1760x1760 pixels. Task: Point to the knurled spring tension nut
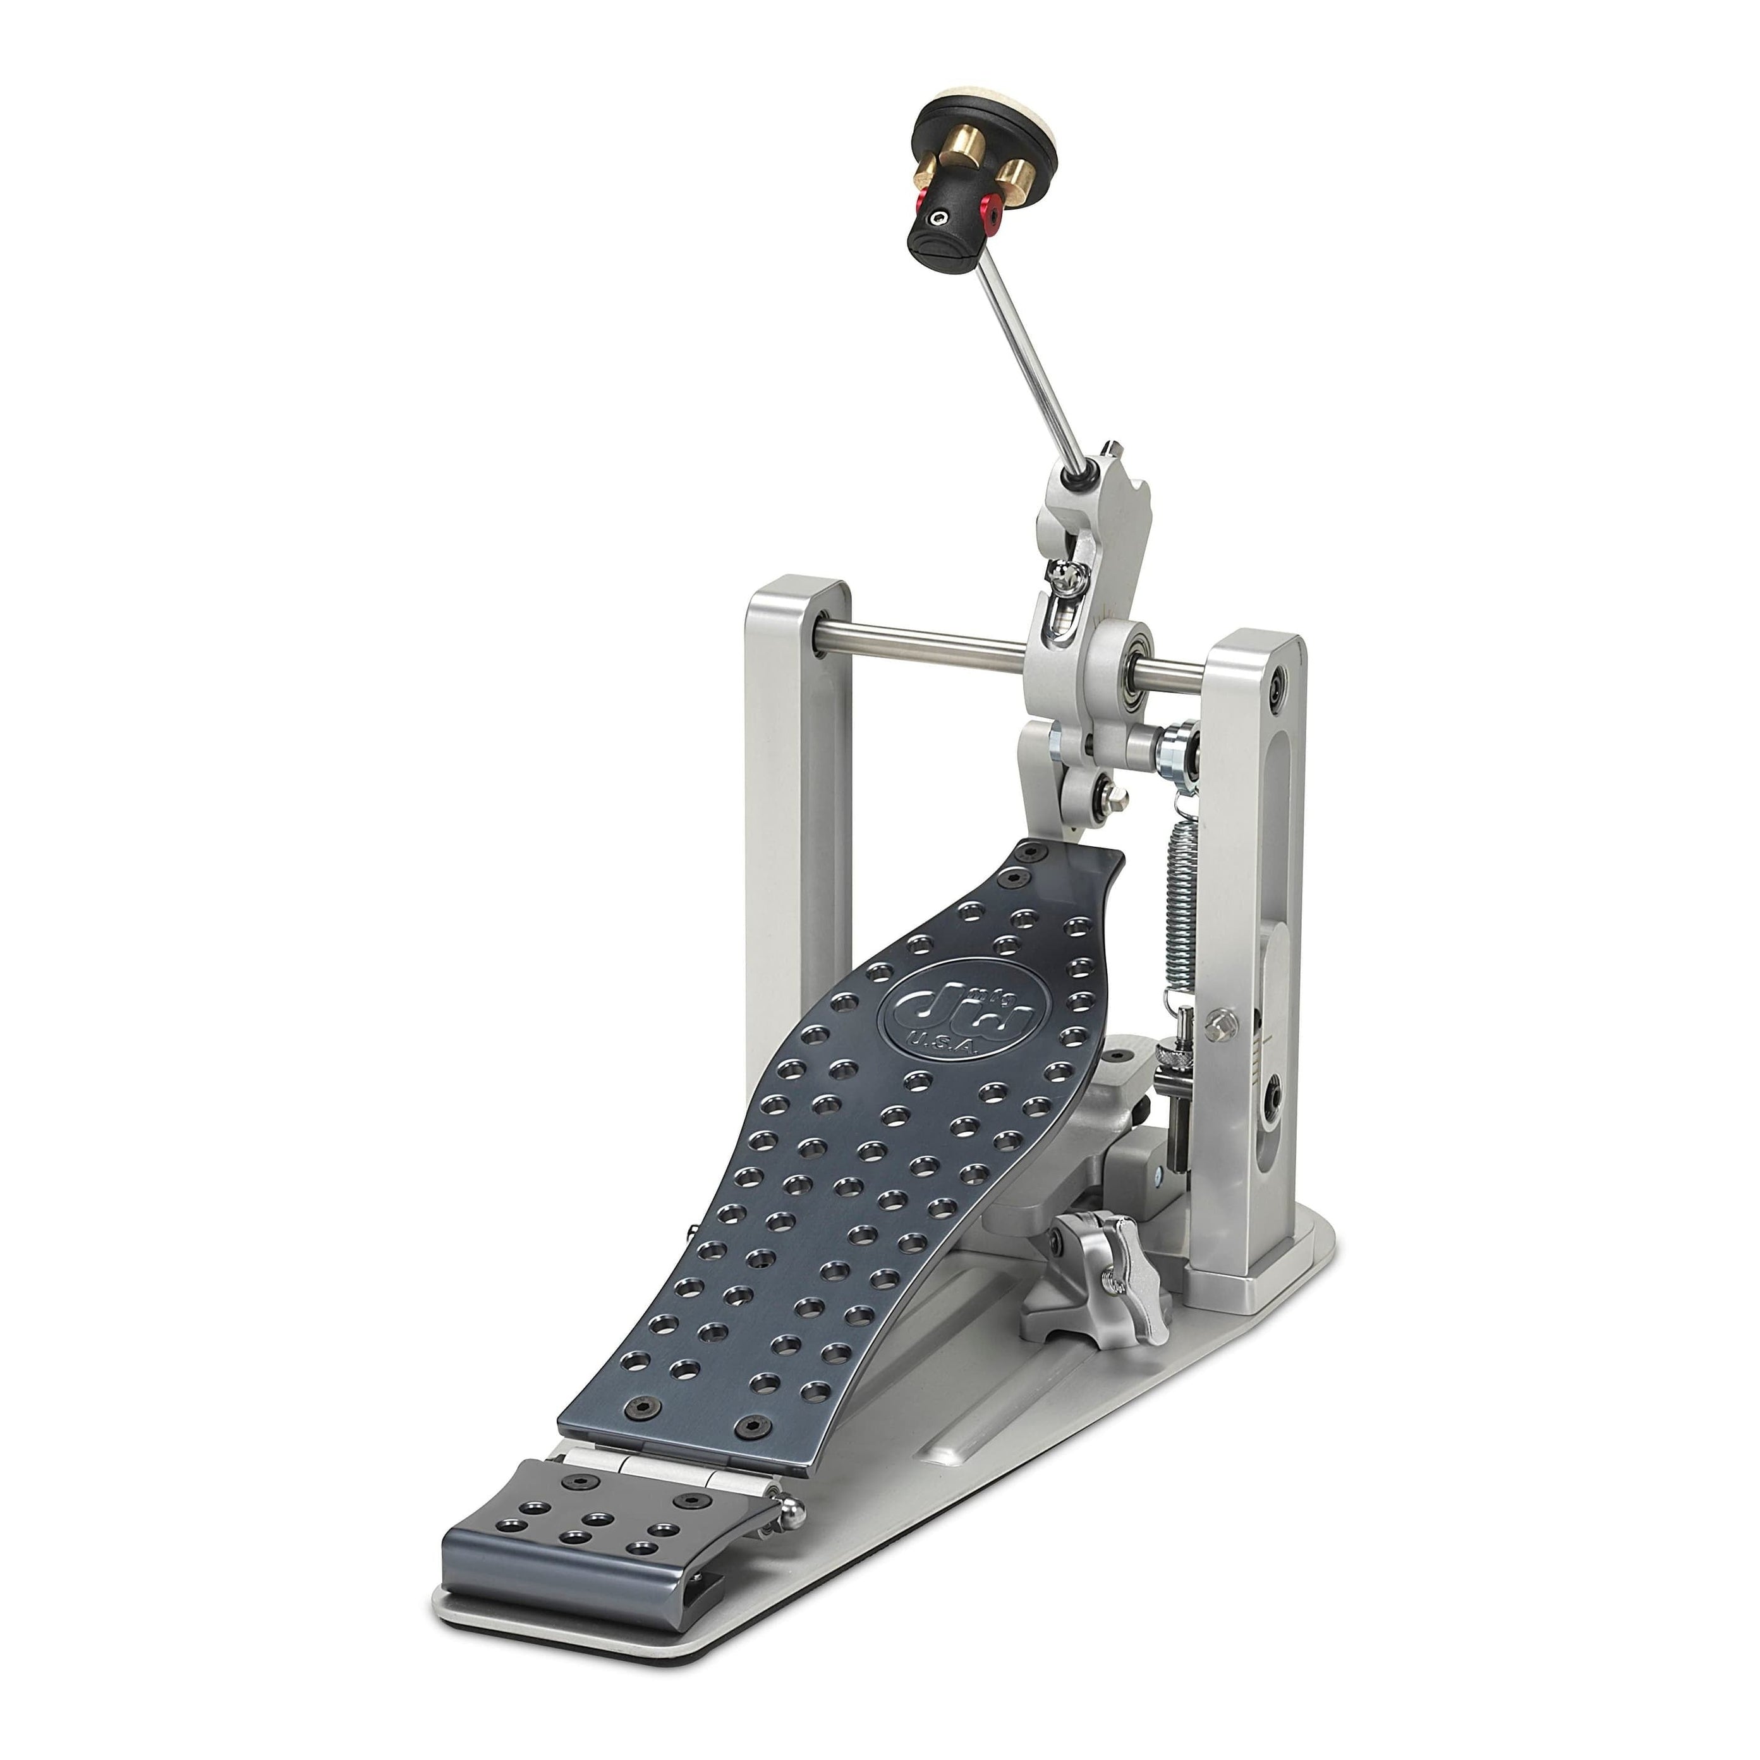[1166, 1057]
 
